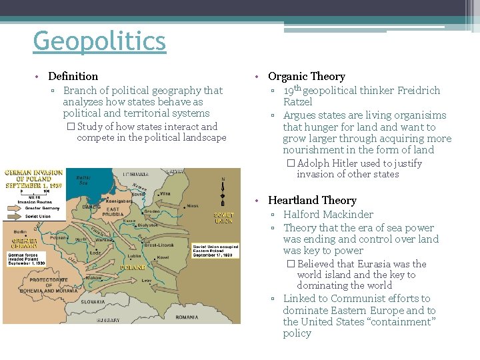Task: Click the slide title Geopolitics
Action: point(99,41)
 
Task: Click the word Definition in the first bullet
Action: point(73,77)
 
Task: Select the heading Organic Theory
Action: point(306,77)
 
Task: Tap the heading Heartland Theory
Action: point(312,200)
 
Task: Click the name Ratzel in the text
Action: point(297,102)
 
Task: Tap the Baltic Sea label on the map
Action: point(83,179)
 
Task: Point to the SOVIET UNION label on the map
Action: point(223,217)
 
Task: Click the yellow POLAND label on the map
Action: point(133,268)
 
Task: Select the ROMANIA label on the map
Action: point(187,317)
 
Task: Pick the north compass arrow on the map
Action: point(222,188)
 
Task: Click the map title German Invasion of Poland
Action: point(33,179)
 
